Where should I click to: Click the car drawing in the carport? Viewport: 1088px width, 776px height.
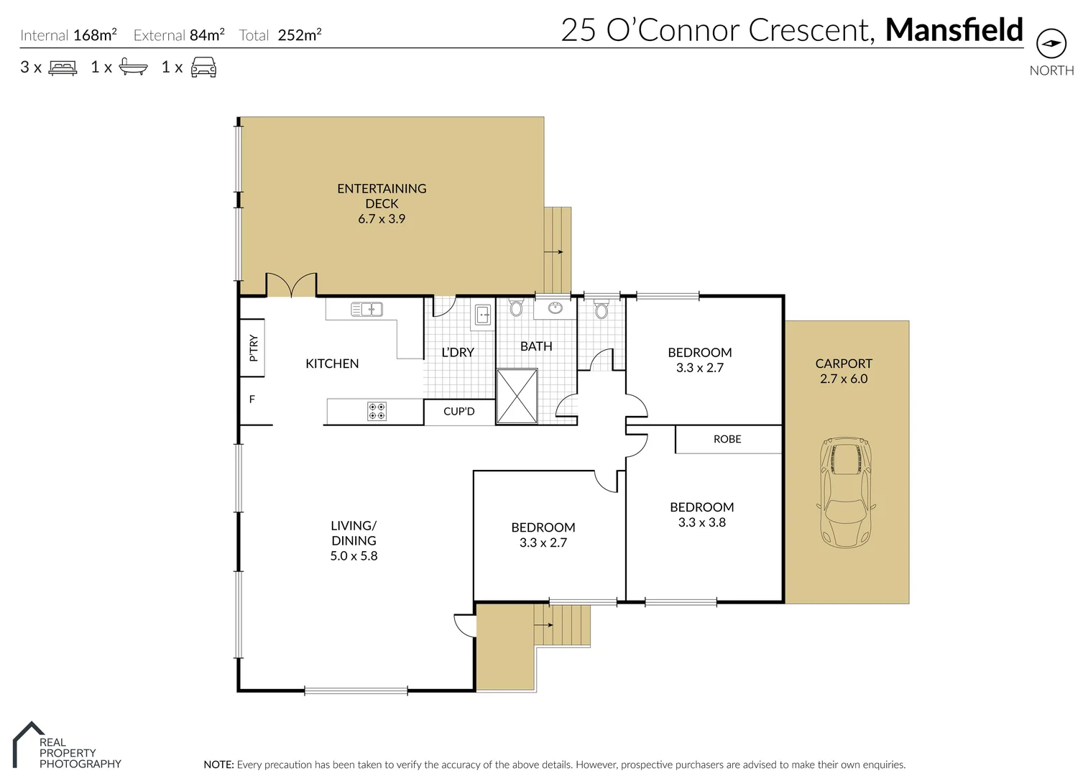point(846,492)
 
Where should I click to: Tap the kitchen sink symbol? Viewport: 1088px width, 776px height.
point(366,310)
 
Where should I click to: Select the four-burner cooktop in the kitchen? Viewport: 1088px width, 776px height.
point(377,411)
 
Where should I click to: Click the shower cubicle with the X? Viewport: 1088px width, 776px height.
point(517,396)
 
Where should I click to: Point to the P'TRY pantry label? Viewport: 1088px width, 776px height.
point(253,348)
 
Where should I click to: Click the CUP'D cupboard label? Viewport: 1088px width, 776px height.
point(459,411)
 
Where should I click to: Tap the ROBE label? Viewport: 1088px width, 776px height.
point(727,439)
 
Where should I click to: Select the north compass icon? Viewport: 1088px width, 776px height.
point(1051,43)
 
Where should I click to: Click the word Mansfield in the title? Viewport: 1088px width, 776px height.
point(954,29)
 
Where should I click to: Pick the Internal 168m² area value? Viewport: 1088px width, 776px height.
point(95,35)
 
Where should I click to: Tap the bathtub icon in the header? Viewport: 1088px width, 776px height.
point(133,67)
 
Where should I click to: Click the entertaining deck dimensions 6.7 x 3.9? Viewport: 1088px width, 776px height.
point(382,219)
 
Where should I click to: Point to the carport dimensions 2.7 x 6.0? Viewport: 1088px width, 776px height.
point(844,379)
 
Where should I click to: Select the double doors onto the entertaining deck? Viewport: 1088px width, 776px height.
point(292,285)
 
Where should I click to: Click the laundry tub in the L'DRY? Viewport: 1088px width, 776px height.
point(482,315)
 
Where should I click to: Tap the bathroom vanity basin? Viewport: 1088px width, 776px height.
point(555,308)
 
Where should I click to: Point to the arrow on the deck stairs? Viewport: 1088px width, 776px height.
point(553,251)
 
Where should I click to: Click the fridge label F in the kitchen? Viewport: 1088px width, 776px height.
point(252,399)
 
